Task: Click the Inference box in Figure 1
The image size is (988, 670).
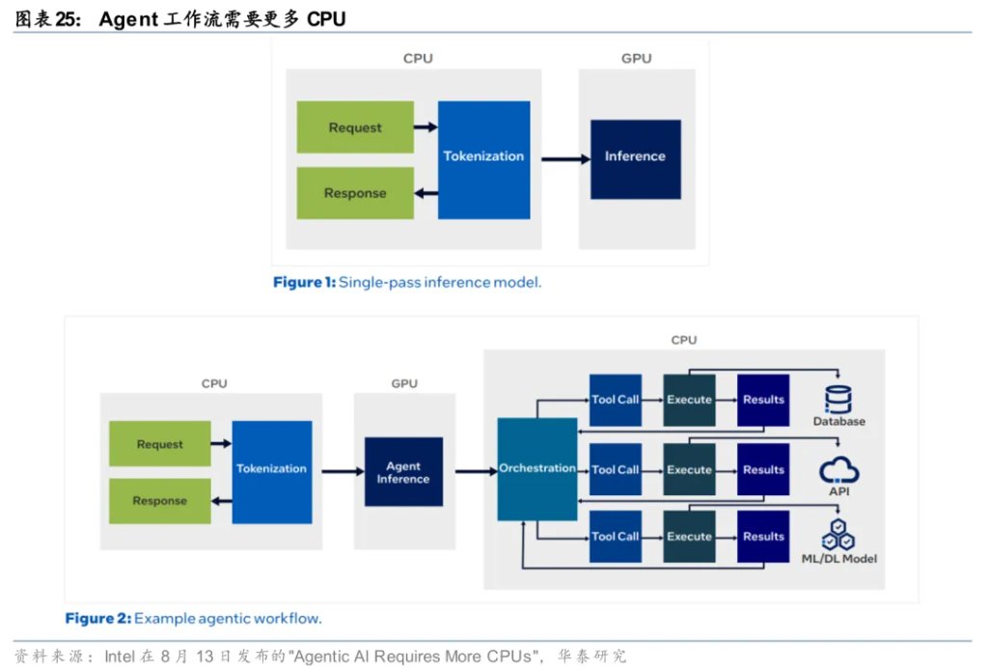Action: pyautogui.click(x=635, y=159)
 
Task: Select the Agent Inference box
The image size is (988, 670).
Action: pyautogui.click(x=403, y=471)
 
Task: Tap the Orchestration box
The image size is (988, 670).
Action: pyautogui.click(x=536, y=469)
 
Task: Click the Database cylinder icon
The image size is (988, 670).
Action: pyautogui.click(x=838, y=399)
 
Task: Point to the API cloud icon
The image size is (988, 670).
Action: pyautogui.click(x=838, y=470)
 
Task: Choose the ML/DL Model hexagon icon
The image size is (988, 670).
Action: pyautogui.click(x=838, y=535)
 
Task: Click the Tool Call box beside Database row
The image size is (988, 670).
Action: pyautogui.click(x=615, y=400)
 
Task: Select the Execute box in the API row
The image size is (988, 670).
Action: pyautogui.click(x=689, y=469)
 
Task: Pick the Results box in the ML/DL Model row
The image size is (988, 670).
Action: pyautogui.click(x=763, y=537)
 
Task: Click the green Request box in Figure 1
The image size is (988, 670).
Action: pyautogui.click(x=355, y=126)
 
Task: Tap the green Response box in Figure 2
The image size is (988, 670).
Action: pyautogui.click(x=159, y=500)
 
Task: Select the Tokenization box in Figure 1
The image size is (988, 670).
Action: pyautogui.click(x=484, y=160)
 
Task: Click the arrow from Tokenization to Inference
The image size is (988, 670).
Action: pyautogui.click(x=565, y=159)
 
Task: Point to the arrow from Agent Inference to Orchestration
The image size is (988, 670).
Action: pyautogui.click(x=477, y=471)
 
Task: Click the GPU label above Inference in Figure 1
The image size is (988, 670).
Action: pyautogui.click(x=637, y=58)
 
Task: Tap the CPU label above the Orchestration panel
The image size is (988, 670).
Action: pyautogui.click(x=684, y=340)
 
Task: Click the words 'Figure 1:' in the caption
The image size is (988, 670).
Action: pyautogui.click(x=304, y=282)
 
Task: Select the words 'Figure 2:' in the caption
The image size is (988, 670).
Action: pyautogui.click(x=98, y=618)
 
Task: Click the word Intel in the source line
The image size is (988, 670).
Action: pyautogui.click(x=120, y=656)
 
